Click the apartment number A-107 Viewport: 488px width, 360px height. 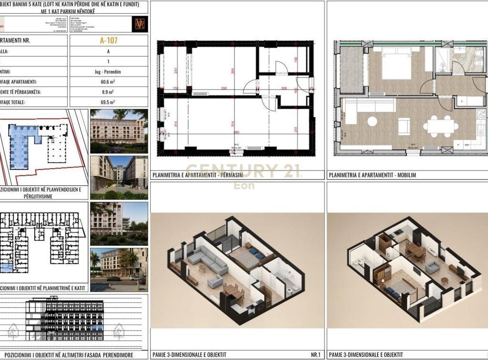coord(109,40)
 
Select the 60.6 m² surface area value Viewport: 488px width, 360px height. coord(109,81)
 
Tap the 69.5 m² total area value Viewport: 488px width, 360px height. coord(109,102)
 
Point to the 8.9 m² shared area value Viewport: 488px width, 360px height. coord(109,92)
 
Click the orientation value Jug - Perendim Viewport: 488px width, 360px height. coord(109,71)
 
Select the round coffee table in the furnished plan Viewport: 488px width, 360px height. coord(372,121)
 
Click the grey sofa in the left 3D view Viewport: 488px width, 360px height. coord(206,260)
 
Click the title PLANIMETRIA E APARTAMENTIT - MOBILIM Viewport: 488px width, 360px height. coord(372,175)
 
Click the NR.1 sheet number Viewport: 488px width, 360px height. coord(315,355)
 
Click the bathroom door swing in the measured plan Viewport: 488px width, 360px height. coord(281,67)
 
